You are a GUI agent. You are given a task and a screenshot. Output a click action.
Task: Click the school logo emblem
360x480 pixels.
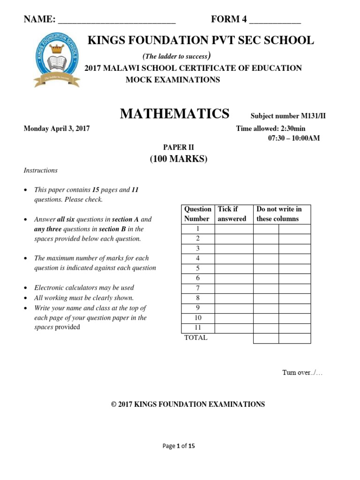tap(57, 62)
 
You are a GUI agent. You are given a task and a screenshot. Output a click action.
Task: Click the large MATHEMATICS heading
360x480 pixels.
tap(175, 114)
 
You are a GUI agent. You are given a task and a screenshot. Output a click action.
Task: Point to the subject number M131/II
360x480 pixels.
tap(288, 116)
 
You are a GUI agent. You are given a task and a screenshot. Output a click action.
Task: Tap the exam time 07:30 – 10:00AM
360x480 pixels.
tap(291, 138)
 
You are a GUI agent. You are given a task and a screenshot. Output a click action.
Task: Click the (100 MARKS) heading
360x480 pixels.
tap(179, 159)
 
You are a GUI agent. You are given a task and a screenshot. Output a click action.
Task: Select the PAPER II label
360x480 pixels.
tap(179, 147)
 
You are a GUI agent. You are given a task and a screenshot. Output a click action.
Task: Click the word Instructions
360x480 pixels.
tap(41, 171)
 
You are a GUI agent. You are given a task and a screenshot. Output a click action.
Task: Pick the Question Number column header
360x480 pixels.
tap(197, 214)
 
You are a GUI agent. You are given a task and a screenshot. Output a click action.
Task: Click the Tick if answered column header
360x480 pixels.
tap(233, 214)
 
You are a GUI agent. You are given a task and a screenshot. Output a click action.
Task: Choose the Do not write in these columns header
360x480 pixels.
tap(281, 214)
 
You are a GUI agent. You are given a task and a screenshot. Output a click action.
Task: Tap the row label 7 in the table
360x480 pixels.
tap(198, 288)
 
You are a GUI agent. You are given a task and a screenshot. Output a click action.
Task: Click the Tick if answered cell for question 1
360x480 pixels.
tap(233, 229)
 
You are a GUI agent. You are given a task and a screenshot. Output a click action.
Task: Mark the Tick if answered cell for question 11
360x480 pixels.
tap(233, 328)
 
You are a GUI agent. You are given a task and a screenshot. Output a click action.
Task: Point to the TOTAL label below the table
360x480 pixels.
tap(195, 337)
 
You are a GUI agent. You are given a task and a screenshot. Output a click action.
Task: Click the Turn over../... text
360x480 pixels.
tap(302, 373)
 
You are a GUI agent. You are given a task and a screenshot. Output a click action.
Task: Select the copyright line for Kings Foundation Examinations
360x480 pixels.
tap(188, 404)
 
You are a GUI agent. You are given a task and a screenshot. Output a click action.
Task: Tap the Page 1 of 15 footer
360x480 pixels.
tap(179, 446)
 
